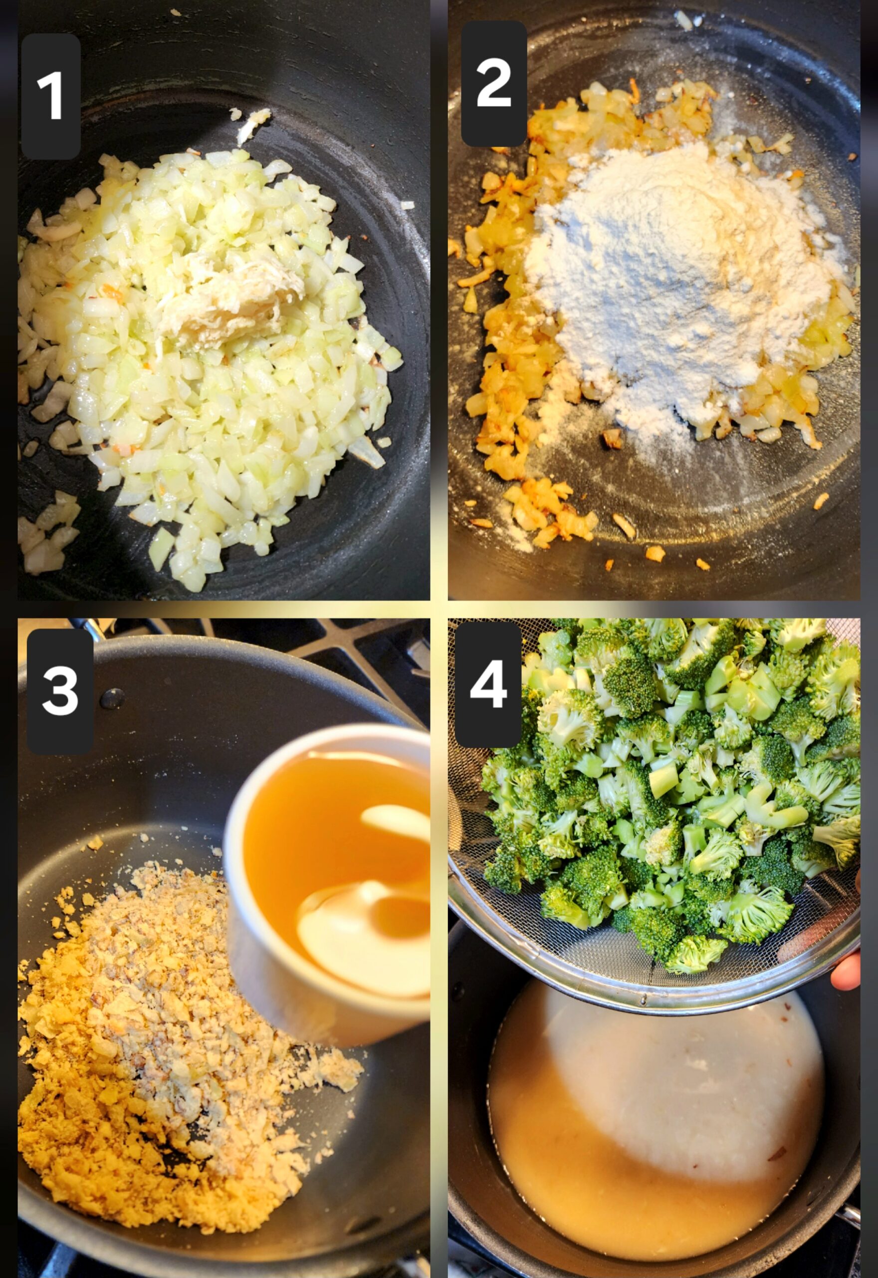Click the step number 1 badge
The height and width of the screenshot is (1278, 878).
[50, 96]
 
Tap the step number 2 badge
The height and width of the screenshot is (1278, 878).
[493, 84]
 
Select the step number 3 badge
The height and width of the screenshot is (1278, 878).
[60, 692]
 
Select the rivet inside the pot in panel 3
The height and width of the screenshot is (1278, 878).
[112, 698]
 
